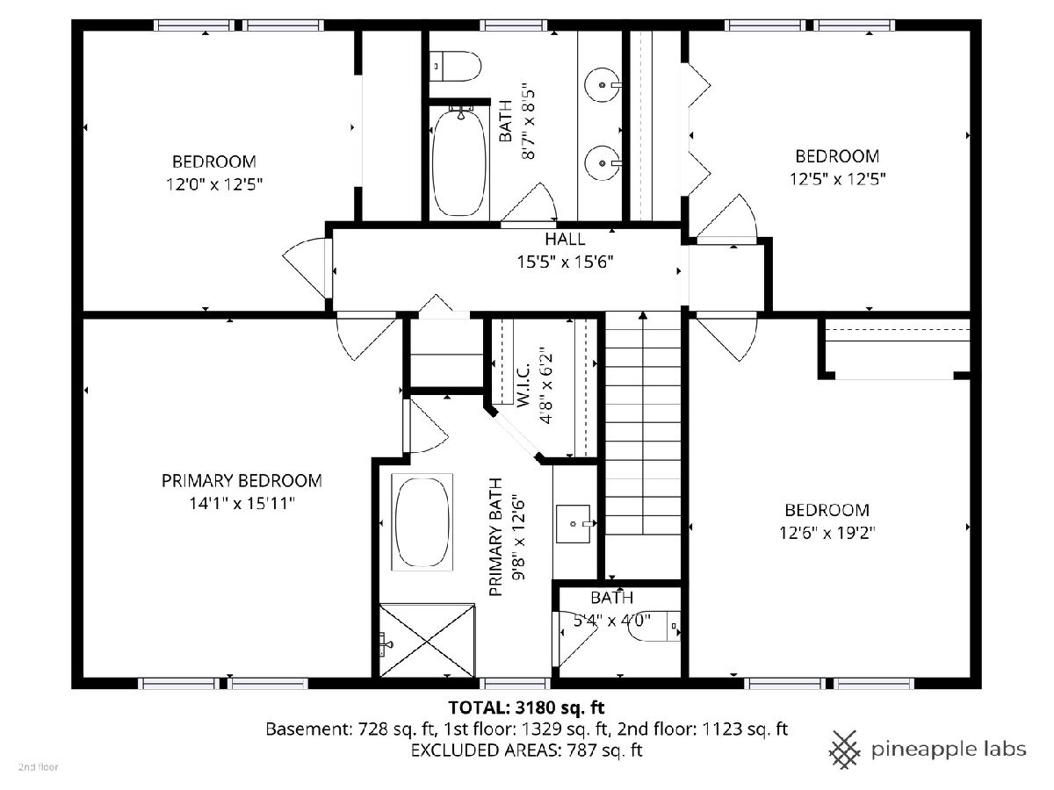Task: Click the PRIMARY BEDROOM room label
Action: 242,481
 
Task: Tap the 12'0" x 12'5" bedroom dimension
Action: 214,184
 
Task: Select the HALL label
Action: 565,239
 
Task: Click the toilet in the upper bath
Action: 455,66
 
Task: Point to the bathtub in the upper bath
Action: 459,162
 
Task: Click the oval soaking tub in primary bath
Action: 422,522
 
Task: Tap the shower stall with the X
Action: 427,640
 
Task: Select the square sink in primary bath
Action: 573,524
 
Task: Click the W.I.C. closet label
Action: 523,385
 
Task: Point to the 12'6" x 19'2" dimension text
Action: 827,533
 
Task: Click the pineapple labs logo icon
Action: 845,750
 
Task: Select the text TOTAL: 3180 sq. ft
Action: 526,707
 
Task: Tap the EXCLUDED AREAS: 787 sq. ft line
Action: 526,750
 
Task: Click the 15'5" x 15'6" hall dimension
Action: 565,262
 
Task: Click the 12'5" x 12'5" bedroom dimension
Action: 837,179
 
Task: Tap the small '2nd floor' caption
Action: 39,767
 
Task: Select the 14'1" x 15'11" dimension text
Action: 242,504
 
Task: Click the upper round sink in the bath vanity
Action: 602,85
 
